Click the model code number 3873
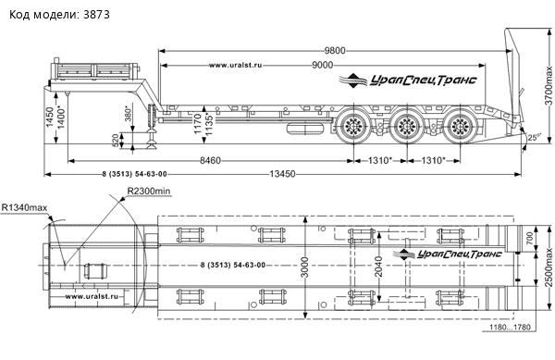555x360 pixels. coord(96,15)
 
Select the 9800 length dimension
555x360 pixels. coord(335,51)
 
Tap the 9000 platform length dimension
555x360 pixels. coord(323,65)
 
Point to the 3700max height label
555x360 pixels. coord(549,85)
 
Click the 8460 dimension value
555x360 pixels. coord(210,161)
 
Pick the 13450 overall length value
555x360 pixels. coord(282,174)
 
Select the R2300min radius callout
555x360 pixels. coord(149,192)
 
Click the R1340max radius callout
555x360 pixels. coord(24,207)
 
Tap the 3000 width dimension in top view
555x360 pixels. coord(305,267)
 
